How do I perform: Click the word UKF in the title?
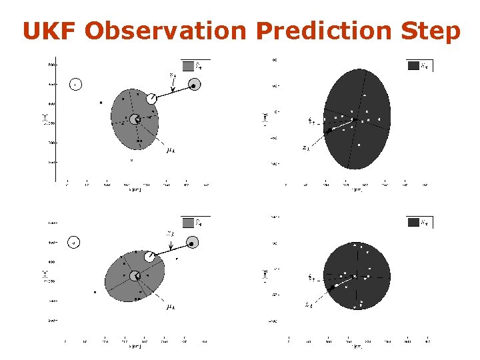coord(51,31)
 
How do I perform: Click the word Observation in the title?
coord(167,31)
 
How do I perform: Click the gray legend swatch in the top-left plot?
coord(189,65)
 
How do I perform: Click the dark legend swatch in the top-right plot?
coord(413,65)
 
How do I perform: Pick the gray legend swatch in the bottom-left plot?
coord(189,223)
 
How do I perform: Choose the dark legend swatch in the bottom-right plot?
coord(413,223)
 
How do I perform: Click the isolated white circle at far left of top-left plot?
coord(75,85)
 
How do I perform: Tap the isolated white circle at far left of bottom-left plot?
coord(74,243)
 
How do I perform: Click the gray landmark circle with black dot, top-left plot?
coord(194,85)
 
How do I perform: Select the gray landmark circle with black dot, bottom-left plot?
coord(192,243)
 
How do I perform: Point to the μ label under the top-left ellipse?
coord(170,150)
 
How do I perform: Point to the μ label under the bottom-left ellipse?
coord(170,307)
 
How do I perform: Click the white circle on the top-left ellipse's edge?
coord(152,98)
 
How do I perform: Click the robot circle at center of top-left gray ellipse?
coord(135,119)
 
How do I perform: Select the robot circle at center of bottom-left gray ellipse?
coord(135,276)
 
